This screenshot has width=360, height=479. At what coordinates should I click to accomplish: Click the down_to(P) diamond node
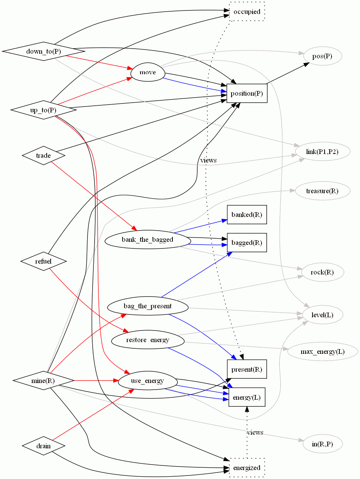[43, 51]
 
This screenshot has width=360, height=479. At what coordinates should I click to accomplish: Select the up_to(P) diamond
[43, 110]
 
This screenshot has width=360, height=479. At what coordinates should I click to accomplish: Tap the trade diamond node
[43, 156]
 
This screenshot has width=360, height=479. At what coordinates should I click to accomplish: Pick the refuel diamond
[43, 261]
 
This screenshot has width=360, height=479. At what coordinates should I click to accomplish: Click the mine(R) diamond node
[43, 381]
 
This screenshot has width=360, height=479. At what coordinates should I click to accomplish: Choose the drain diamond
[43, 446]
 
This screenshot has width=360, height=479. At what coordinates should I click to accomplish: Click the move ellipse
[148, 72]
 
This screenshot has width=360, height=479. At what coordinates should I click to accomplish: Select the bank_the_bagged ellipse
[148, 239]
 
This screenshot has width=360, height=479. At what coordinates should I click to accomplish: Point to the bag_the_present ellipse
[148, 306]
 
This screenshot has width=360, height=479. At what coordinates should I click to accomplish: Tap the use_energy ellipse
[148, 381]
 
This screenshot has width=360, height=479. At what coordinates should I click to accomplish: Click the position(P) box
[247, 93]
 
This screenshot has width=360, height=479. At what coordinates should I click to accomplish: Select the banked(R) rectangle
[247, 215]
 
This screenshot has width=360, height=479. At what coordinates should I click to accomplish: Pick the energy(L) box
[247, 397]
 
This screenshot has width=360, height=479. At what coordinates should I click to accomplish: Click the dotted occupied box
[247, 11]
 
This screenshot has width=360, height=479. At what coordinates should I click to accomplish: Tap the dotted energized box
[247, 468]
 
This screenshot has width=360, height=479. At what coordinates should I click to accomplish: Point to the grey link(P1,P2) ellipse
[322, 152]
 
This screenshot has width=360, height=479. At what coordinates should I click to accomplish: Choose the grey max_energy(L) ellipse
[322, 352]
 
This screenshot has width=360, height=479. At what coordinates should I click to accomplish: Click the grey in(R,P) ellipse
[322, 444]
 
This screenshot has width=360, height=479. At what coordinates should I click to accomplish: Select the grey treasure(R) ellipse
[322, 191]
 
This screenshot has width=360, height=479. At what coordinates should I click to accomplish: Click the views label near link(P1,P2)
[208, 160]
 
